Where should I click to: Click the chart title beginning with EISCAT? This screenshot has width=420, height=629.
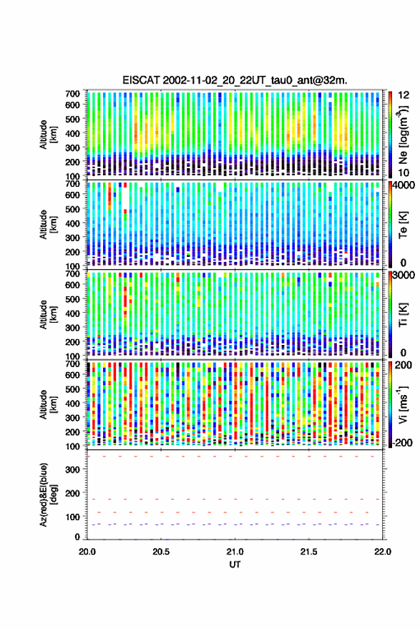(x=235, y=80)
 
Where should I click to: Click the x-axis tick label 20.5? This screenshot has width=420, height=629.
(x=161, y=552)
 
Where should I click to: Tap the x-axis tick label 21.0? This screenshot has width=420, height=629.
(x=235, y=552)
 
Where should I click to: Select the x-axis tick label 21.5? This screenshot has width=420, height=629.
(x=308, y=552)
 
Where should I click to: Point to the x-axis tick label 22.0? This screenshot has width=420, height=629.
(x=382, y=552)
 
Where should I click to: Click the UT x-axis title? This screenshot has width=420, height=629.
(x=235, y=565)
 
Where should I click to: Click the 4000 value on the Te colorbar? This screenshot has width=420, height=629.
(x=404, y=185)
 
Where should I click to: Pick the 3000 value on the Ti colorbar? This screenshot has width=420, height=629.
(x=404, y=276)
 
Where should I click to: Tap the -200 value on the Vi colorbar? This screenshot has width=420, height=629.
(x=403, y=442)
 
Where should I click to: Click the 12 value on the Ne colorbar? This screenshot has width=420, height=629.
(x=404, y=95)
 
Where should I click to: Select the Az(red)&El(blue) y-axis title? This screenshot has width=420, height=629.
(x=48, y=494)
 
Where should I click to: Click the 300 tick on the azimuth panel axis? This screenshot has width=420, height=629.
(x=72, y=469)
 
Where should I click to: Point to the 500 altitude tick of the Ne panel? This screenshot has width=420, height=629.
(x=72, y=119)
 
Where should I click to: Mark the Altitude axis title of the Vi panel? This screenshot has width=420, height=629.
(x=48, y=404)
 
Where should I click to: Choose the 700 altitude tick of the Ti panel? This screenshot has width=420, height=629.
(x=72, y=273)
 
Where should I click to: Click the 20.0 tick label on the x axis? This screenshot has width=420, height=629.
(x=87, y=552)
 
